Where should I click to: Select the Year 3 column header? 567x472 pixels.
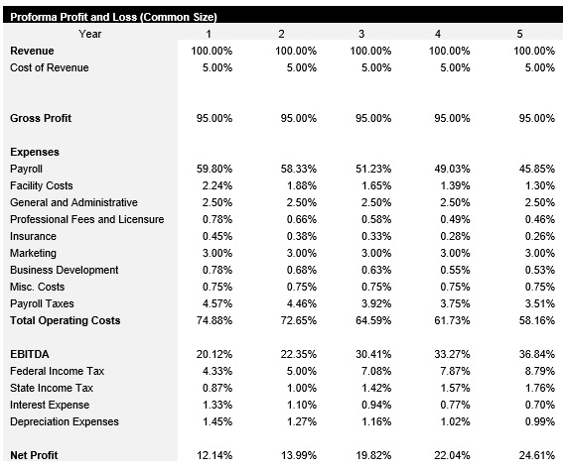pyautogui.click(x=359, y=34)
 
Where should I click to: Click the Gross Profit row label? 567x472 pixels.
pyautogui.click(x=41, y=118)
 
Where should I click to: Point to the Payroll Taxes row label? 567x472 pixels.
pyautogui.click(x=42, y=303)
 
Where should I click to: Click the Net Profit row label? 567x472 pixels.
pyautogui.click(x=34, y=455)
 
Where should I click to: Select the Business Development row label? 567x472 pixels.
pyautogui.click(x=64, y=270)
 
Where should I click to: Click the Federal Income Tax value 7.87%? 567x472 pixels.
pyautogui.click(x=453, y=371)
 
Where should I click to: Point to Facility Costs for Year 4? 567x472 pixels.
pyautogui.click(x=453, y=185)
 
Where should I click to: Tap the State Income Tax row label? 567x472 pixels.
pyautogui.click(x=52, y=388)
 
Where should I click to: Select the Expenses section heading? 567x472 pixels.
pyautogui.click(x=35, y=152)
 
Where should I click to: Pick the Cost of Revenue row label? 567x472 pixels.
pyautogui.click(x=49, y=67)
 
